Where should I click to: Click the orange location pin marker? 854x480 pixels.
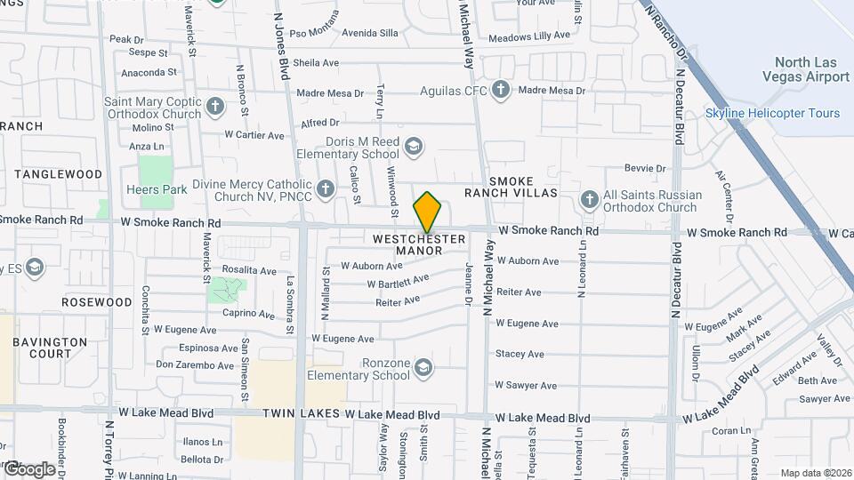[x=428, y=212]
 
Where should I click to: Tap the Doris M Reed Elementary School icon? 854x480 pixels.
[x=413, y=146]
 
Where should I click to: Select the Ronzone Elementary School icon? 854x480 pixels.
[x=423, y=366]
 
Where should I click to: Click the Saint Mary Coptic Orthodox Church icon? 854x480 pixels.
[x=214, y=108]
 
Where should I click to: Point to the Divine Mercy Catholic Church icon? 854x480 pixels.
[x=326, y=188]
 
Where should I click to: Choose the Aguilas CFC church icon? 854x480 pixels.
[x=500, y=90]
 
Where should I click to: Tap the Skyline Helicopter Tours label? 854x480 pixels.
[x=772, y=113]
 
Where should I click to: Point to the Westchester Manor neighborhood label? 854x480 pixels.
[x=419, y=244]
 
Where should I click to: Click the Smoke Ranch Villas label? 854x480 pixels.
[x=511, y=186]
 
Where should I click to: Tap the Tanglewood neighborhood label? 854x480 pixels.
[x=59, y=174]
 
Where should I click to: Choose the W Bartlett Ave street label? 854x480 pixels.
[x=399, y=281]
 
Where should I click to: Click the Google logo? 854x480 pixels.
[x=28, y=468]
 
